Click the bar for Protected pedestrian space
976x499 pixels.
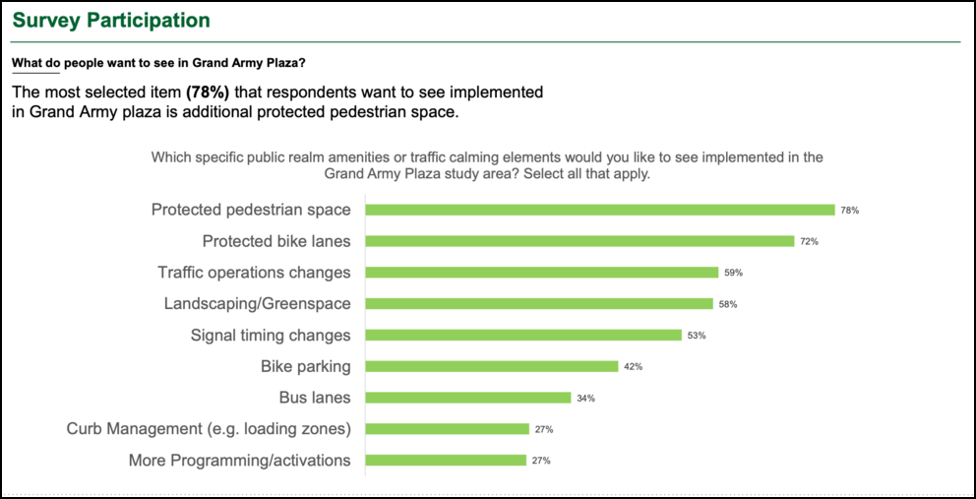(x=600, y=210)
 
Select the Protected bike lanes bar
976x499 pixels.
(x=579, y=241)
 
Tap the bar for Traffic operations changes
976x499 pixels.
(x=542, y=273)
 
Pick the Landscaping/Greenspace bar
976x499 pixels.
(x=539, y=304)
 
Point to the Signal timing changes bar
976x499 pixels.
(x=523, y=335)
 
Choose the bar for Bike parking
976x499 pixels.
(x=492, y=366)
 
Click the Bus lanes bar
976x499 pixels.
(x=468, y=398)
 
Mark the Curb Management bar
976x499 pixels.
(x=448, y=429)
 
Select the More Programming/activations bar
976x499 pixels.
(x=446, y=460)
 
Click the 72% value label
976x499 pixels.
(x=810, y=241)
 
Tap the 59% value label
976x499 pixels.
(x=734, y=273)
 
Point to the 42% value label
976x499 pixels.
(x=634, y=367)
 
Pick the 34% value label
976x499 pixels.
(x=586, y=399)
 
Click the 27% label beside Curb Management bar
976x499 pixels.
(x=544, y=429)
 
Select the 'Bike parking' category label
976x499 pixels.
(x=305, y=366)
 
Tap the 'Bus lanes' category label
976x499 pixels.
(x=315, y=398)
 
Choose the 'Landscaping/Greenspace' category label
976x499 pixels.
(x=257, y=304)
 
